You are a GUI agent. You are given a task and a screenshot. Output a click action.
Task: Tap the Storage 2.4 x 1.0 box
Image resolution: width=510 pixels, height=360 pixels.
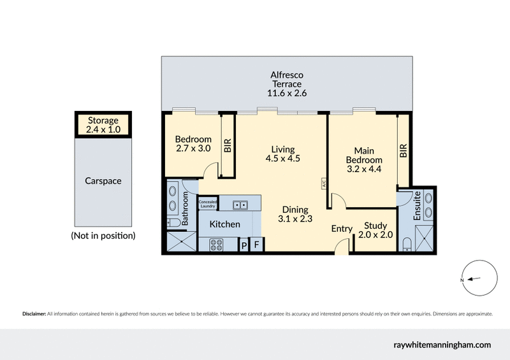pyautogui.click(x=103, y=124)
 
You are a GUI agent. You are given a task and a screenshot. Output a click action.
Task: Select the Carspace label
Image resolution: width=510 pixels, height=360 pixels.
pyautogui.click(x=103, y=181)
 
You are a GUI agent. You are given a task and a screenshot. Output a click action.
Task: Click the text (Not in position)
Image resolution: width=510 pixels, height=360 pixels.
pyautogui.click(x=103, y=235)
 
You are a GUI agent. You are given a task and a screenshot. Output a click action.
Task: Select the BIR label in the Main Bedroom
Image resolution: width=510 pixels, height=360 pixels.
pyautogui.click(x=403, y=150)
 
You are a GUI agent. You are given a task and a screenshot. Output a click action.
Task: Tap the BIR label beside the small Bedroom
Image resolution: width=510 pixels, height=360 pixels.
pyautogui.click(x=227, y=145)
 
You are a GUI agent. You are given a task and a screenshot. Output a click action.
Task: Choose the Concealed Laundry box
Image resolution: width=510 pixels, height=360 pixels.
pyautogui.click(x=208, y=203)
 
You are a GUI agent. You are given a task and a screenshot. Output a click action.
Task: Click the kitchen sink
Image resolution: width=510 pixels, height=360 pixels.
pyautogui.click(x=240, y=205)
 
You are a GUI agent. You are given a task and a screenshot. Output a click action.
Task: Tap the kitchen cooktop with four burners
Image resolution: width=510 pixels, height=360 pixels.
pyautogui.click(x=216, y=244)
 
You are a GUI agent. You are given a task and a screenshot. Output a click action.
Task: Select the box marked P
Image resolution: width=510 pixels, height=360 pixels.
pyautogui.click(x=243, y=245)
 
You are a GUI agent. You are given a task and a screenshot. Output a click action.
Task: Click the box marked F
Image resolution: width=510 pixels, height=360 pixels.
pyautogui.click(x=256, y=245)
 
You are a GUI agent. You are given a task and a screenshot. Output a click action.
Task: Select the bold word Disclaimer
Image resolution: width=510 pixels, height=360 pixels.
pyautogui.click(x=34, y=313)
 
